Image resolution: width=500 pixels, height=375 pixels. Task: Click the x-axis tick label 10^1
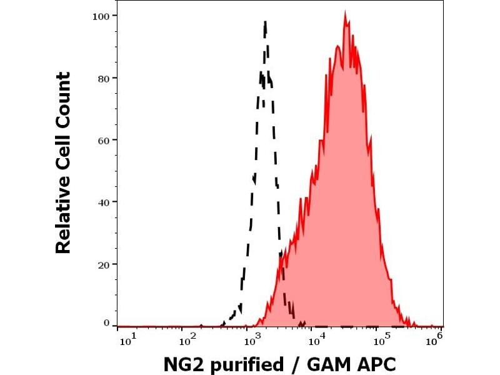pos(126,339)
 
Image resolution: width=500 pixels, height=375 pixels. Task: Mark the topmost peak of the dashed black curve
pos(266,22)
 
